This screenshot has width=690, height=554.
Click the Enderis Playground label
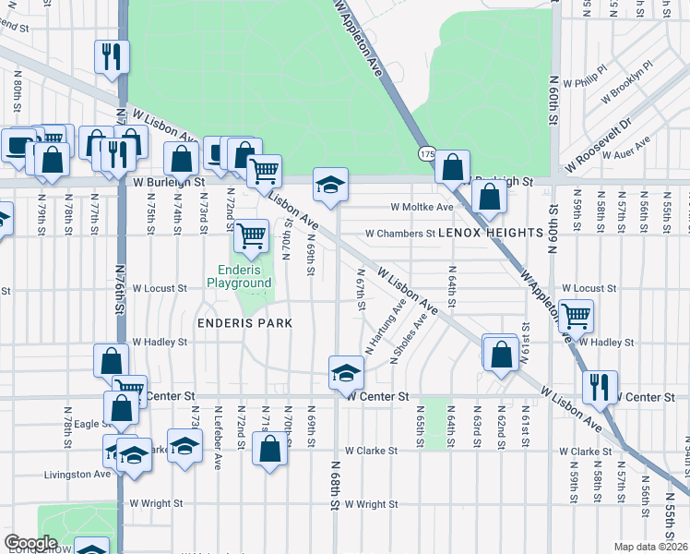coord(239,276)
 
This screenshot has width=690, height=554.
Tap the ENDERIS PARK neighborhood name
coord(244,323)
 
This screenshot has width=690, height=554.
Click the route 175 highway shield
coord(426,152)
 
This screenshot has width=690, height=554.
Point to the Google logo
coord(31,543)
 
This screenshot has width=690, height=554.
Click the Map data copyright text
coord(651,547)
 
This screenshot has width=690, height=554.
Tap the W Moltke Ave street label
coord(422,208)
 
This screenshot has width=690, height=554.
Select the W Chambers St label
coord(399,234)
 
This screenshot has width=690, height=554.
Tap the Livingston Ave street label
coord(77,475)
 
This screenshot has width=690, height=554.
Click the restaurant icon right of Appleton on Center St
coord(600,386)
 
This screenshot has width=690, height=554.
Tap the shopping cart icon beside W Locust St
coord(577,316)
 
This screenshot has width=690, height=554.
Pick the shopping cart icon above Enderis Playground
coord(251,235)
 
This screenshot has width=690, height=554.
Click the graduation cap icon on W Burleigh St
coord(330,185)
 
